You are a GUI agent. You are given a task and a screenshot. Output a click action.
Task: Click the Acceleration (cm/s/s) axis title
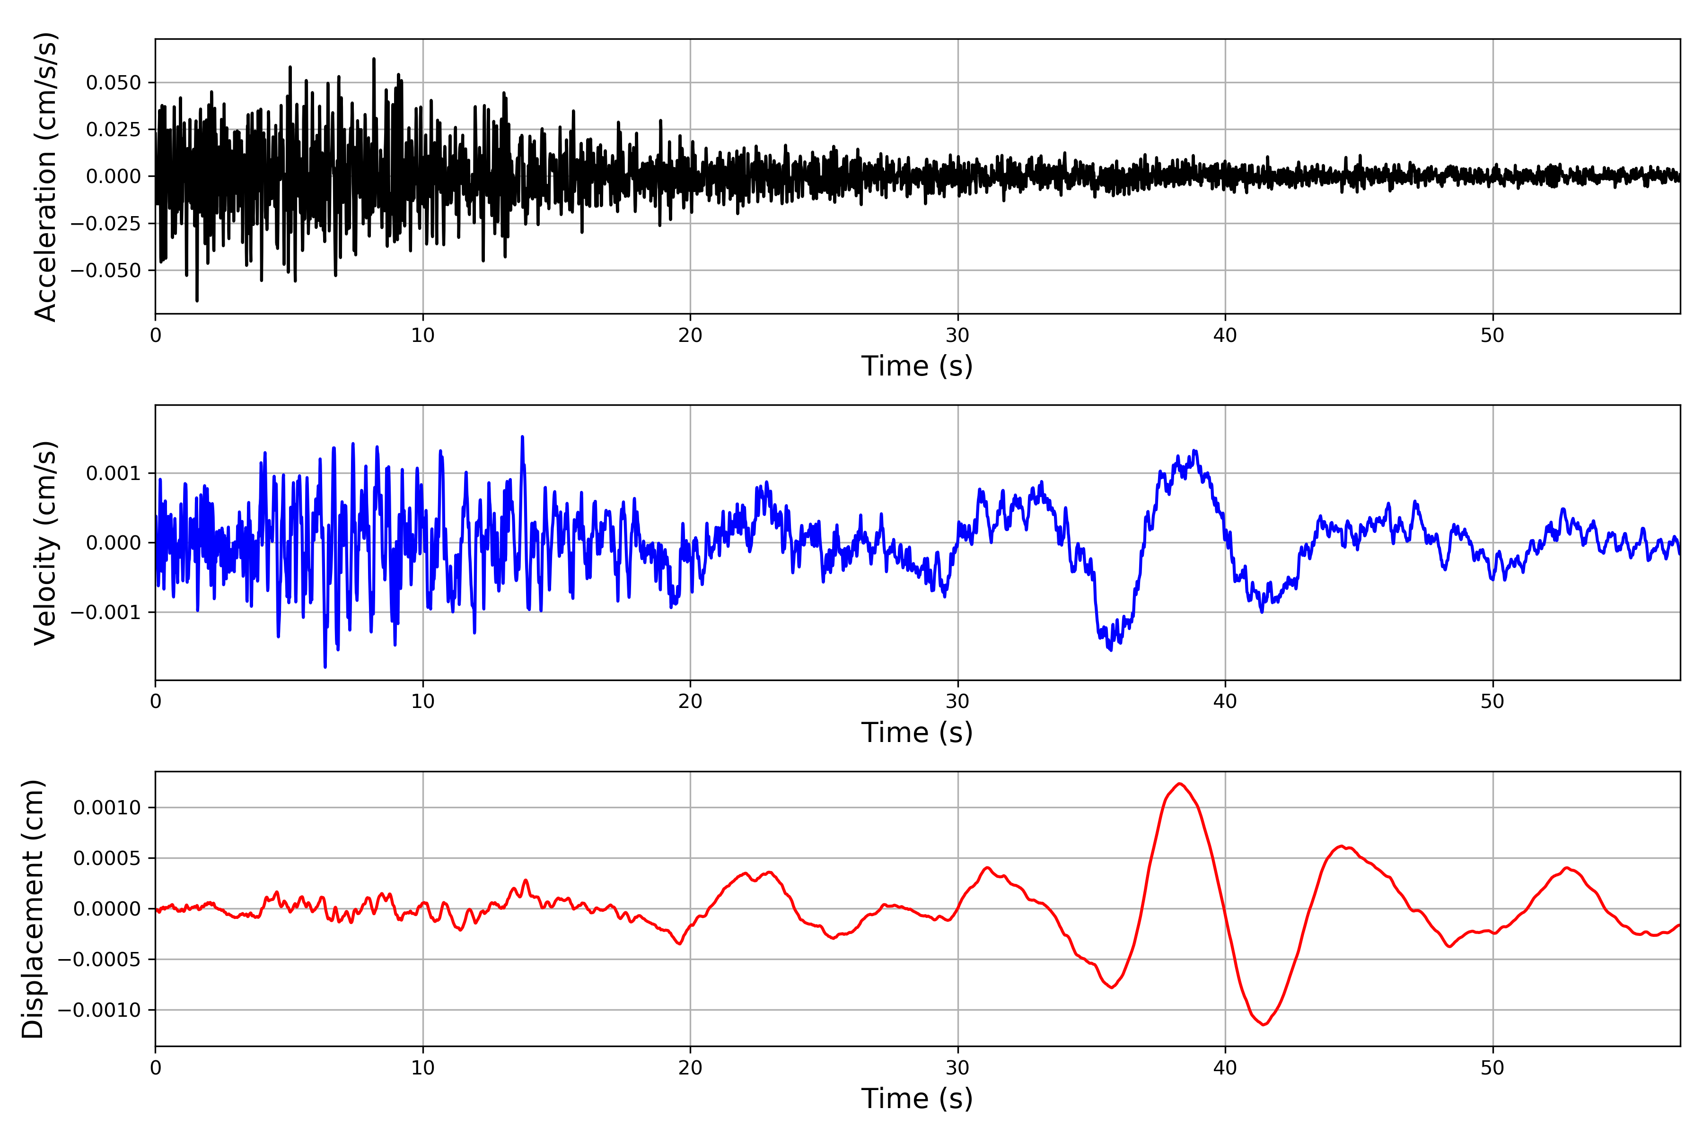coord(45,176)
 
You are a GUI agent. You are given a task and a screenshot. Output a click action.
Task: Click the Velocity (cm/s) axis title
coord(45,543)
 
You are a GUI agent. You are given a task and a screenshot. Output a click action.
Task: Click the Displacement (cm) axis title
coord(33,909)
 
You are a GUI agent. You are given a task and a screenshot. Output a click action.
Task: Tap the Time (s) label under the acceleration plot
coord(917,366)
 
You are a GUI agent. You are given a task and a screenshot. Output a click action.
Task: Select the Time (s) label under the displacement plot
coord(917,1099)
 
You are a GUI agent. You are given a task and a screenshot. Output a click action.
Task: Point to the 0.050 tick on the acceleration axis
coord(114,82)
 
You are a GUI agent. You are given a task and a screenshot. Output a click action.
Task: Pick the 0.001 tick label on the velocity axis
coord(114,473)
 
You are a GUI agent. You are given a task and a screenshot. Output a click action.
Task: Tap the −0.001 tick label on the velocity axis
coord(105,612)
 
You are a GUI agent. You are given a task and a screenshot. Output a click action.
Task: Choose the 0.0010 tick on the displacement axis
coord(107,808)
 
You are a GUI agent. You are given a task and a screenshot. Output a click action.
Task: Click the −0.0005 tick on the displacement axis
coord(99,960)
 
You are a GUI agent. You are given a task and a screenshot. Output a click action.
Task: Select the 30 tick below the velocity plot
coord(957,701)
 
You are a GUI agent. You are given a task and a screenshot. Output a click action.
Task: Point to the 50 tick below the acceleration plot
coord(1492,336)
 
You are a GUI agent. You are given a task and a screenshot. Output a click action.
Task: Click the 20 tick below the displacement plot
coord(690,1068)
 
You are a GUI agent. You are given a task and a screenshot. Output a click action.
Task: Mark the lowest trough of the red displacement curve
coord(1264,1024)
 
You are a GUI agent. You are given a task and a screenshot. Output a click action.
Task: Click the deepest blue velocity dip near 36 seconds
coord(1111,650)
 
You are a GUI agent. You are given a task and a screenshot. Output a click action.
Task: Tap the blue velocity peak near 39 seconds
coord(1195,451)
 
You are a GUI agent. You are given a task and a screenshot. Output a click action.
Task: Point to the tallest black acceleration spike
coord(374,59)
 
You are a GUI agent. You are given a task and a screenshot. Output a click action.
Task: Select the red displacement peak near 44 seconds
coord(1342,846)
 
